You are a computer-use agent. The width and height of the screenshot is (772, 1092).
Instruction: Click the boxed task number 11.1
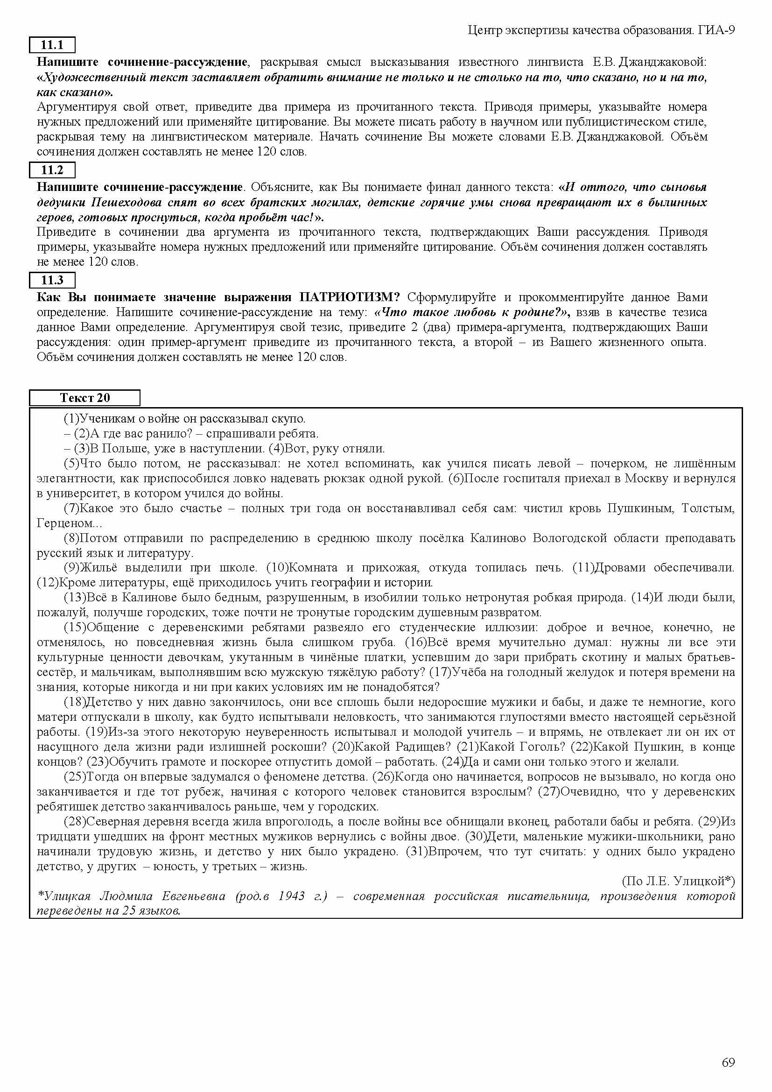coord(52,45)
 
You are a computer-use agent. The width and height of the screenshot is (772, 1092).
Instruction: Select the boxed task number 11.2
coord(52,170)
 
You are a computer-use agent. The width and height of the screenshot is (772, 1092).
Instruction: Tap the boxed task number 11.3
coord(52,280)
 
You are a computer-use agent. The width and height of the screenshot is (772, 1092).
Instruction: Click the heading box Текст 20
coord(84,398)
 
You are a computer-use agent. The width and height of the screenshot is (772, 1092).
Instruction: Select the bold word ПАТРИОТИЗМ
coord(350,297)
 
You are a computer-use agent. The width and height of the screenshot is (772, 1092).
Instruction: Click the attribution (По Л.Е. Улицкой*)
coord(678,881)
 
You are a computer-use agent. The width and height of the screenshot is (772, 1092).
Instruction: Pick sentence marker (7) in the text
coord(72,508)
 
